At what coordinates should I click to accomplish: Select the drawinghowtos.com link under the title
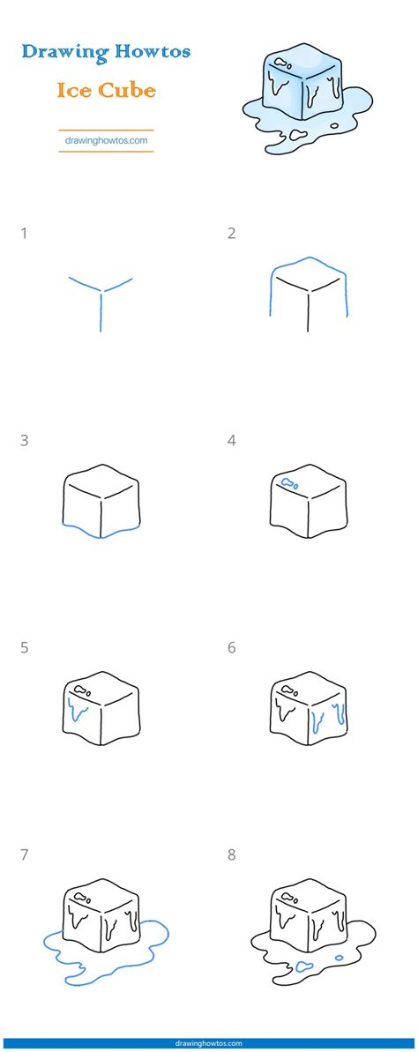click(106, 139)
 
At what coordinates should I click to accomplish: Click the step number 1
click(24, 234)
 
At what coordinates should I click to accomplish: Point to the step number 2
click(231, 234)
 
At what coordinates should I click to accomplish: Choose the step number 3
click(24, 441)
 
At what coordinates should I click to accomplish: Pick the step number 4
click(231, 441)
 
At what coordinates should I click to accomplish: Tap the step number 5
click(24, 648)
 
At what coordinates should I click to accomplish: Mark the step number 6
click(231, 648)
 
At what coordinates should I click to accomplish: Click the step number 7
click(24, 855)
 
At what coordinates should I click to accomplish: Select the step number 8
click(231, 855)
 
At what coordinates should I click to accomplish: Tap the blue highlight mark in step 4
click(289, 482)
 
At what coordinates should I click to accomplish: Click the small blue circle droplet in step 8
click(339, 958)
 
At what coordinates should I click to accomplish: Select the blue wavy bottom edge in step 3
click(101, 532)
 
